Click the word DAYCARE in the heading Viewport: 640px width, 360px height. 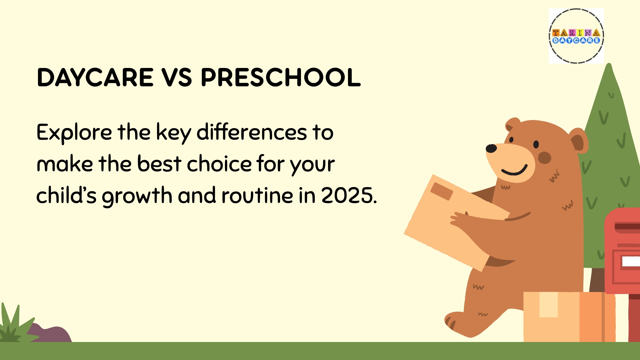click(x=95, y=77)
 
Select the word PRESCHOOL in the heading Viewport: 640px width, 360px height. click(x=281, y=77)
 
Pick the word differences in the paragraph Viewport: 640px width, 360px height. click(x=251, y=132)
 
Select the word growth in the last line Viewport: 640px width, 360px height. click(x=137, y=196)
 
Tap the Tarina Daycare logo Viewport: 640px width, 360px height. click(x=576, y=36)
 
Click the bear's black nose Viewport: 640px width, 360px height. click(x=491, y=148)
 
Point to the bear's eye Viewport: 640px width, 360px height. click(x=536, y=144)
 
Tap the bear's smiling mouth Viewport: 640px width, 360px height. click(x=514, y=170)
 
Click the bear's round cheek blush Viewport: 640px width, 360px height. click(x=544, y=158)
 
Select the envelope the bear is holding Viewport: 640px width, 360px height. click(x=457, y=223)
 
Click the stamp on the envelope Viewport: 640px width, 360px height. click(x=442, y=191)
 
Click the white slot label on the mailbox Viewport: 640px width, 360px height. click(x=631, y=261)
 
